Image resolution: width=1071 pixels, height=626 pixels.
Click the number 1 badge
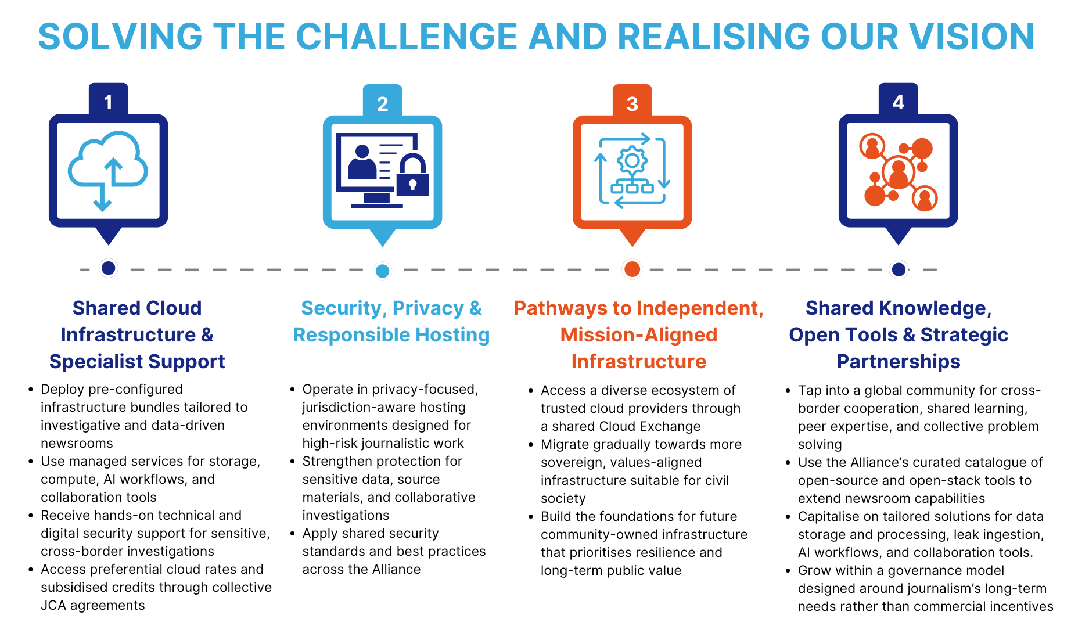[x=108, y=102]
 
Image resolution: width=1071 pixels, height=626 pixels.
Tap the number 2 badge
[x=382, y=104]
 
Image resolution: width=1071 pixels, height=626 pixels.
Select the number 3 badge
[x=632, y=104]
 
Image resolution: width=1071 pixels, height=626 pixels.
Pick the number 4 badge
[x=898, y=102]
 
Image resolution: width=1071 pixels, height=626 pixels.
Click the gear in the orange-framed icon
[x=632, y=160]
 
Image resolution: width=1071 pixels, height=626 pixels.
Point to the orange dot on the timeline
[x=632, y=269]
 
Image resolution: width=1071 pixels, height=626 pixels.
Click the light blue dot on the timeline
[x=382, y=271]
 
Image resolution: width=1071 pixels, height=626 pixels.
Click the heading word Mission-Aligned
[x=638, y=335]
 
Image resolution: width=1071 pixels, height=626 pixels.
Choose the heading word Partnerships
[x=898, y=362]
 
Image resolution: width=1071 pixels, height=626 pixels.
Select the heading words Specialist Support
[x=137, y=362]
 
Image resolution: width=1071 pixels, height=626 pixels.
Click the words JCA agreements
[x=93, y=605]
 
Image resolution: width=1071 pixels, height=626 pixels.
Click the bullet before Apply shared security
[x=293, y=533]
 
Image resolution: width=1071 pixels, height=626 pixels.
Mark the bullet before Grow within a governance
[x=788, y=570]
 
